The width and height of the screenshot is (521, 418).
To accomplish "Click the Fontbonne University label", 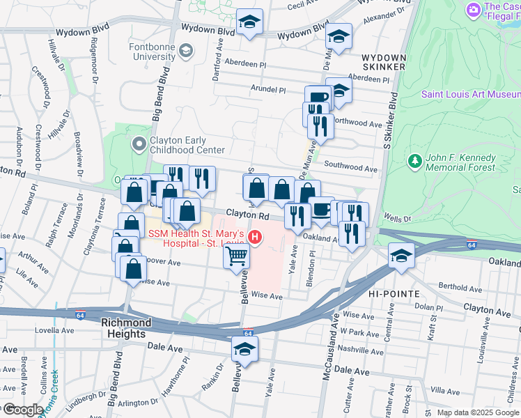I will point(148,55).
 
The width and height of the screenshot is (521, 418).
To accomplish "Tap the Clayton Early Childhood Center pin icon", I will point(138,144).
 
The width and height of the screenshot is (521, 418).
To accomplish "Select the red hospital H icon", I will point(256,238).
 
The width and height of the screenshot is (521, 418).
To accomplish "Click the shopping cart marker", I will point(236,256).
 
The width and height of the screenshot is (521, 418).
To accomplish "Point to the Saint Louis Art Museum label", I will point(470,94).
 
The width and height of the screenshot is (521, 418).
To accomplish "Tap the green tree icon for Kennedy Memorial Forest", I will point(414,162).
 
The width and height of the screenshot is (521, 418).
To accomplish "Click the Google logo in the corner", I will point(22,410).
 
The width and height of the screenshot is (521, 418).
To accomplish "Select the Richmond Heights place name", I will point(126,323).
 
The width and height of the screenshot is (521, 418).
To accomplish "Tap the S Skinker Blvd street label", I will point(393,139).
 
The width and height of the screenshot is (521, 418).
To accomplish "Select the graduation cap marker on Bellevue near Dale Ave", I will point(245,348).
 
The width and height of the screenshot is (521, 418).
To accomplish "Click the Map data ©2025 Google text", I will point(476,412).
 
